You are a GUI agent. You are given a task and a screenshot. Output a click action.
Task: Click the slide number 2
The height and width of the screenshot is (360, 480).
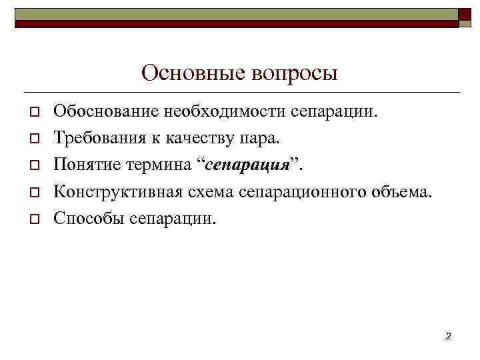point(448,336)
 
